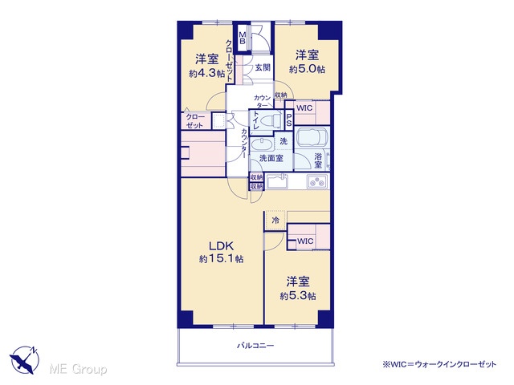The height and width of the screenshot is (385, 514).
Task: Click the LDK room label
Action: click(222, 245)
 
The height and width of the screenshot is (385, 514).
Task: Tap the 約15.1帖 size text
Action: click(222, 259)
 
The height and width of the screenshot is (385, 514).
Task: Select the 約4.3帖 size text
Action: click(207, 73)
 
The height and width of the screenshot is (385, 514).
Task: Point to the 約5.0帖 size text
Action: click(307, 69)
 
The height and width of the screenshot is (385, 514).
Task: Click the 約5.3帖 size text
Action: click(298, 296)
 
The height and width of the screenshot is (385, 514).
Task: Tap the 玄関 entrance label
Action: click(263, 67)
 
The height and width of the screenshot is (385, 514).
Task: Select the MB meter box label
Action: click(243, 38)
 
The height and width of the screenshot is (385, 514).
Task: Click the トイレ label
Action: click(255, 120)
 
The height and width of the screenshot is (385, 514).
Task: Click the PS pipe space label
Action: click(289, 120)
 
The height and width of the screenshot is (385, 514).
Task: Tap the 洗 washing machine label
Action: click(284, 141)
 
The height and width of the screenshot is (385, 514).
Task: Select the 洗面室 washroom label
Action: click(271, 159)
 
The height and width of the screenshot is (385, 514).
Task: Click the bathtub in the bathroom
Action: click(312, 137)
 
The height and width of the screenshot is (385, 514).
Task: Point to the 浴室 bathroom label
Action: click(318, 160)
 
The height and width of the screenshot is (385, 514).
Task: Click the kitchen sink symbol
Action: click(277, 182)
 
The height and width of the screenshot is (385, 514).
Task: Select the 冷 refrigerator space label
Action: click(275, 221)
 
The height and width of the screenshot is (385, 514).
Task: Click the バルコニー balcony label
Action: click(255, 346)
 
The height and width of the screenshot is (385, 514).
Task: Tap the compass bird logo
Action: click(25, 360)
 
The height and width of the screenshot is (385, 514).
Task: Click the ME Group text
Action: click(78, 370)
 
